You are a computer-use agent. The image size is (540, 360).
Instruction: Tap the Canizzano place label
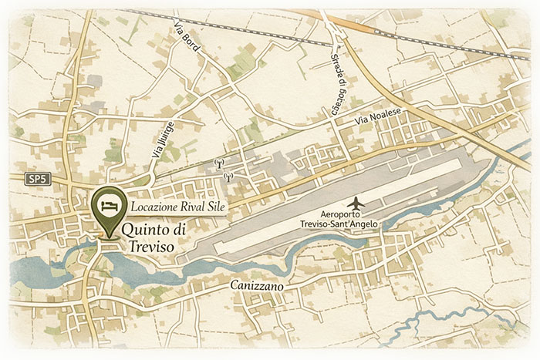(257, 287)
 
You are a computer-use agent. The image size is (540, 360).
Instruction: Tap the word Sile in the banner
(212, 207)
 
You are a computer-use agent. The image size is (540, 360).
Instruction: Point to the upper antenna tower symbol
(219, 163)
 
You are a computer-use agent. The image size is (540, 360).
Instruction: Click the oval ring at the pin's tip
(107, 239)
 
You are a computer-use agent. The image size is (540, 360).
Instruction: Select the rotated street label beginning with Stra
(336, 85)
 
